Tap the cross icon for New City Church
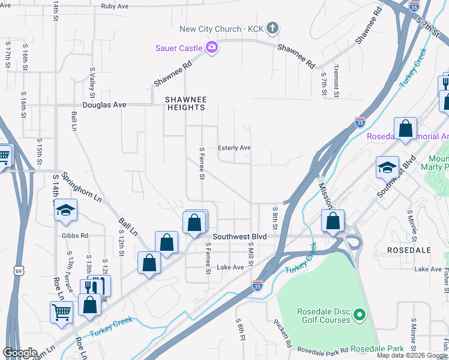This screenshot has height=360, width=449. pyautogui.click(x=272, y=28)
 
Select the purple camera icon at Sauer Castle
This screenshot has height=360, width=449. pyautogui.click(x=211, y=47)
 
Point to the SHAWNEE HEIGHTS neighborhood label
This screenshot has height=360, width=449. pyautogui.click(x=185, y=103)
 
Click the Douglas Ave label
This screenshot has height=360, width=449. pyautogui.click(x=104, y=104)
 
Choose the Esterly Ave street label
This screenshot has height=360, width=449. pyautogui.click(x=234, y=148)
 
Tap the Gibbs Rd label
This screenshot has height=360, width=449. pyautogui.click(x=74, y=235)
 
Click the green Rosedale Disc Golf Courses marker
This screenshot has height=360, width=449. pyautogui.click(x=359, y=314)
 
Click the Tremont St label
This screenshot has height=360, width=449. pyautogui.click(x=336, y=80)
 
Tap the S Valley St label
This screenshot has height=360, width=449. pyautogui.click(x=92, y=82)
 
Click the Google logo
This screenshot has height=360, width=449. pyautogui.click(x=20, y=353)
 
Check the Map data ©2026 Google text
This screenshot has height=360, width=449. pyautogui.click(x=412, y=355)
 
